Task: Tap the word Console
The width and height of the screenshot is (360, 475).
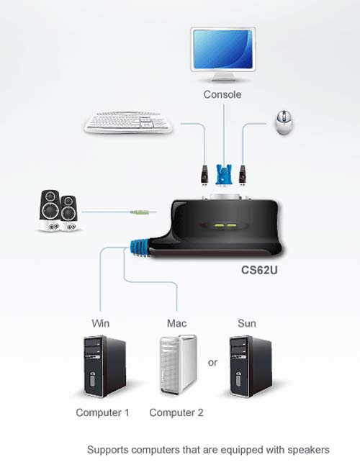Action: pyautogui.click(x=222, y=94)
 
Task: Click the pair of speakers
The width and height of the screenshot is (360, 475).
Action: pyautogui.click(x=60, y=210)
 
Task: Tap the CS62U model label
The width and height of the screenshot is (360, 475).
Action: pyautogui.click(x=259, y=273)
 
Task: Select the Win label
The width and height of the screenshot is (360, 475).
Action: pyautogui.click(x=101, y=323)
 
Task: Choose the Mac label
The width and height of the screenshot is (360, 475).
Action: pyautogui.click(x=176, y=323)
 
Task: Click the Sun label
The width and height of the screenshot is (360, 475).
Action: pyautogui.click(x=246, y=323)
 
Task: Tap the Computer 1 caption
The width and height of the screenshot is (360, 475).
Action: pyautogui.click(x=103, y=412)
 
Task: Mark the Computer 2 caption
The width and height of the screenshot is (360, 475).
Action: pyautogui.click(x=176, y=412)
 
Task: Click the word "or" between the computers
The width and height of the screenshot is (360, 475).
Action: pyautogui.click(x=212, y=363)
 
